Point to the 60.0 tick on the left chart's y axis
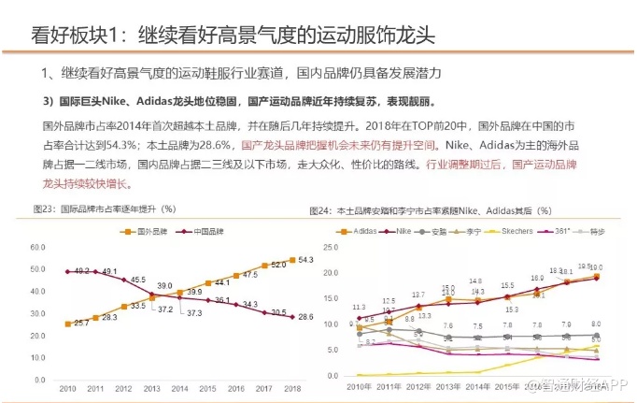tap(38, 247)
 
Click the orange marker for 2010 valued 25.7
tap(67, 324)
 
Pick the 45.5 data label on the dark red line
tap(137, 280)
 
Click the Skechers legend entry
tap(514, 230)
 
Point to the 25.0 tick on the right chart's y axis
tap(329, 246)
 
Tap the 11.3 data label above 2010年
tap(360, 307)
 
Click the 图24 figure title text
tap(437, 210)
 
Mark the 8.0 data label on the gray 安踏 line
tap(595, 324)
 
